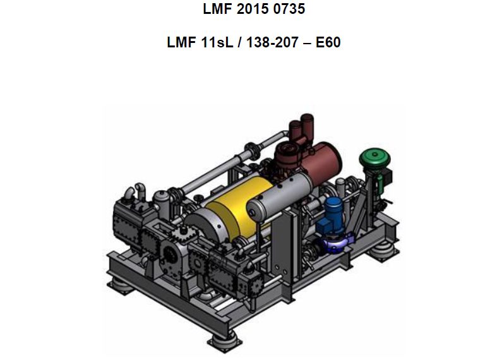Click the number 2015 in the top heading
(253, 9)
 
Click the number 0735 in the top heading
(289, 9)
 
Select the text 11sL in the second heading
(217, 42)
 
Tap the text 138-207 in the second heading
(272, 42)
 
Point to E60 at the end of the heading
(328, 42)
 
